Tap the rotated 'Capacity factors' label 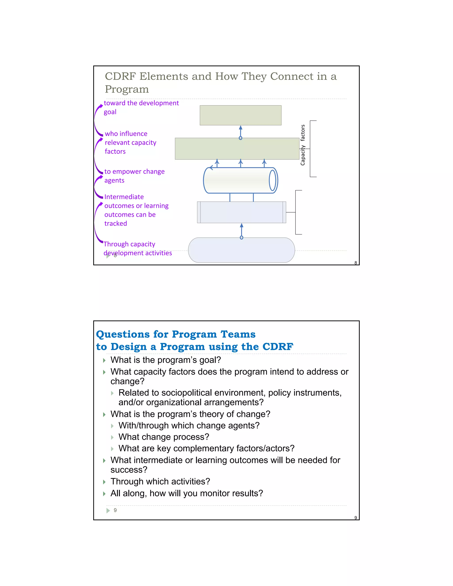click(303, 145)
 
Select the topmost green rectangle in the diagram click(240, 115)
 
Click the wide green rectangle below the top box click(237, 149)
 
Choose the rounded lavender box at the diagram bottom click(241, 250)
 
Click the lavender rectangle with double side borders click(241, 212)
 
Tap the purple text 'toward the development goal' click(141, 107)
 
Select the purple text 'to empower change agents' click(134, 176)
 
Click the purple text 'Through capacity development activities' click(137, 249)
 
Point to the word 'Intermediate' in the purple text click(124, 197)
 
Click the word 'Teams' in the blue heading click(238, 334)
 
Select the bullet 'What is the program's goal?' click(166, 360)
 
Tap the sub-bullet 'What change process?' click(164, 437)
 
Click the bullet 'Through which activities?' click(160, 481)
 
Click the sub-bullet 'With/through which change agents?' click(189, 425)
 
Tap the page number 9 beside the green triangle click(115, 510)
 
